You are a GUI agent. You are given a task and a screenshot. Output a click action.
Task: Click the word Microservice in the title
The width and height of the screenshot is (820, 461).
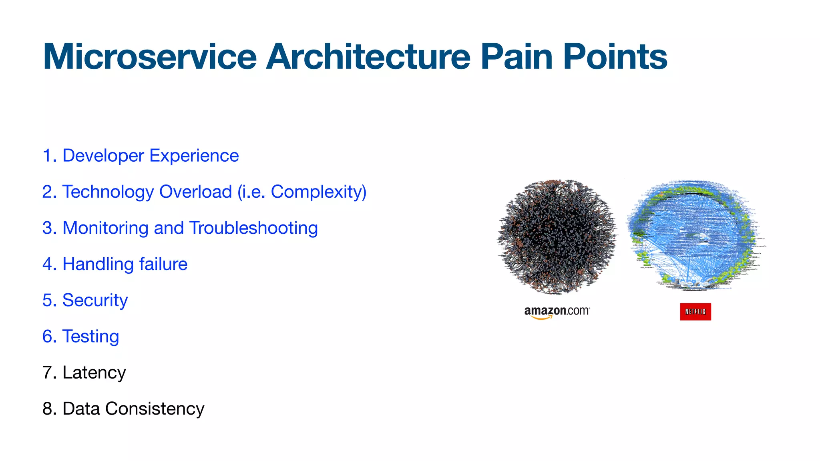point(149,57)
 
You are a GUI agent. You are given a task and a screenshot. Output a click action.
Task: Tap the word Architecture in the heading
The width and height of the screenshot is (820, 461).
point(368,57)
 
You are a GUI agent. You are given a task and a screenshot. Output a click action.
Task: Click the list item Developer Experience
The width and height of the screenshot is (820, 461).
point(150,156)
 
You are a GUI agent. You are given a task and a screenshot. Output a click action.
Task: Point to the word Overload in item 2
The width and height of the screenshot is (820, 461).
point(195,192)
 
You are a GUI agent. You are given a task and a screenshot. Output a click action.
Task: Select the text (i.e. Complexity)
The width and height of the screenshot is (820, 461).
point(302,192)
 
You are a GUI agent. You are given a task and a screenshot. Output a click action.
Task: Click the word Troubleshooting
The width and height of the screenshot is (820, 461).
point(253,228)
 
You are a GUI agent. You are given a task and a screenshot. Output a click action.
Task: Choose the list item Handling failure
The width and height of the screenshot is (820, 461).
point(125,264)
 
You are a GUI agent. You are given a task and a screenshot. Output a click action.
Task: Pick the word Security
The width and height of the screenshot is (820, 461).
point(95,301)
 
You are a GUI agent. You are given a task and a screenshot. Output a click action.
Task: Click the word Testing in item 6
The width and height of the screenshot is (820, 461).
point(90,337)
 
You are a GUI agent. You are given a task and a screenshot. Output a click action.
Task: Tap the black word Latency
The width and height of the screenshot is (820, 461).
point(94,373)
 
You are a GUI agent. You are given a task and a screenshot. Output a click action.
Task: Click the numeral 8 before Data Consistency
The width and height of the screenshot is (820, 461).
point(48,409)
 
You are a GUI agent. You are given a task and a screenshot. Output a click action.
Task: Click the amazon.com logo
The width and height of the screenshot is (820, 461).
point(557,312)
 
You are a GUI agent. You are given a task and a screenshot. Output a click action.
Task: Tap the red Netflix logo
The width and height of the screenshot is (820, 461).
point(695,312)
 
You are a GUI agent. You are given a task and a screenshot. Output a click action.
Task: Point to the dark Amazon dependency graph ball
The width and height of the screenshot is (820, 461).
point(557,237)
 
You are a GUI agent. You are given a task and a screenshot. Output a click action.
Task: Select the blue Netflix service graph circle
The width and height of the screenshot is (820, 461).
point(693,236)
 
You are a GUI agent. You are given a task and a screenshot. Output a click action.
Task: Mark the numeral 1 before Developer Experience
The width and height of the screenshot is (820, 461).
point(47,156)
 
